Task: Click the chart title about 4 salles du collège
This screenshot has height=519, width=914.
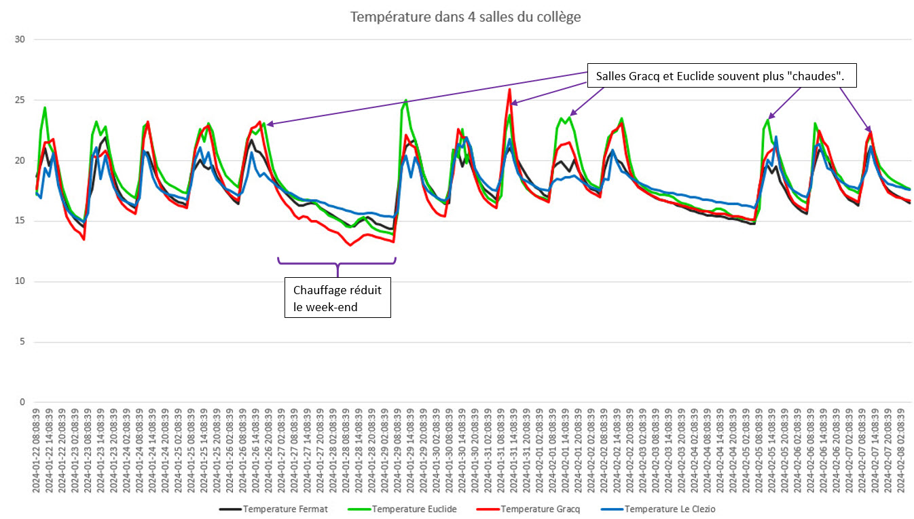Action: tap(465, 17)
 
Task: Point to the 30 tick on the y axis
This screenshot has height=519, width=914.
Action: tap(20, 39)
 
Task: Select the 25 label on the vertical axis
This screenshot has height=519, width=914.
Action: tap(20, 100)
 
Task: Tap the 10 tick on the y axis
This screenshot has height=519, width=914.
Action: tap(20, 281)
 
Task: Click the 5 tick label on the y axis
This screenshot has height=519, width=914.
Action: tap(22, 342)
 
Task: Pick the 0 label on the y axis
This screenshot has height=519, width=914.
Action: tap(22, 402)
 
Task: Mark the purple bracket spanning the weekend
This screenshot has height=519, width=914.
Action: tap(336, 263)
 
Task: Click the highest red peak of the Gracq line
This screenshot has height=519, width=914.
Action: tap(509, 89)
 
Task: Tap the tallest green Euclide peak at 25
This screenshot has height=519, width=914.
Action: tap(406, 100)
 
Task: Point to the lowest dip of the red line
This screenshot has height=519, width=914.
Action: tap(350, 245)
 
